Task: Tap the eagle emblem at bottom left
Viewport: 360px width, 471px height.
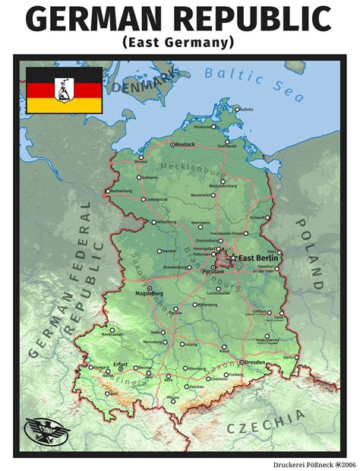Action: coord(43,431)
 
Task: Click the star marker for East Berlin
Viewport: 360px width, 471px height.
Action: coord(232,258)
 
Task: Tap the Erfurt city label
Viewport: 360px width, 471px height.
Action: coord(120,363)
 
